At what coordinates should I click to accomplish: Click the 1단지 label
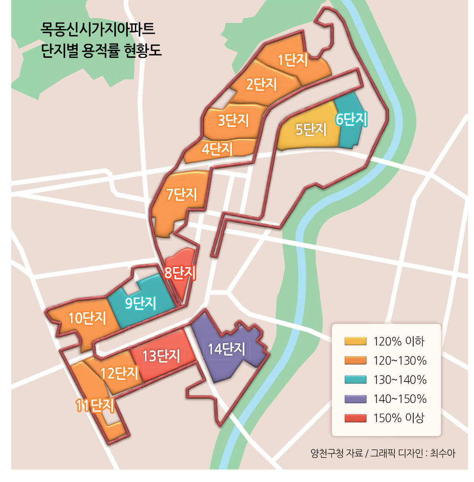pyautogui.click(x=293, y=60)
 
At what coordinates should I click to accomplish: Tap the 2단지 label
pyautogui.click(x=261, y=84)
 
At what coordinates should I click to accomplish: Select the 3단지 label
pyautogui.click(x=233, y=120)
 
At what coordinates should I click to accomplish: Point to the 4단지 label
pyautogui.click(x=217, y=149)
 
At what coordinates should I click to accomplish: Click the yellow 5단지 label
pyautogui.click(x=311, y=130)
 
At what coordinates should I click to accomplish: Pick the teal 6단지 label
pyautogui.click(x=351, y=119)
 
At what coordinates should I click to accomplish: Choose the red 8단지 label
pyautogui.click(x=180, y=273)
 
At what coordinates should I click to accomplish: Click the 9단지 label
pyautogui.click(x=141, y=303)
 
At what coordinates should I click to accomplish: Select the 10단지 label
pyautogui.click(x=87, y=318)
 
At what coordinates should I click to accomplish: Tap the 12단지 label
pyautogui.click(x=119, y=373)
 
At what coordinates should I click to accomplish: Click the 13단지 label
pyautogui.click(x=161, y=356)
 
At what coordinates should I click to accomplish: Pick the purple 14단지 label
pyautogui.click(x=226, y=349)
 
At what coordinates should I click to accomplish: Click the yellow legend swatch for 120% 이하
pyautogui.click(x=355, y=341)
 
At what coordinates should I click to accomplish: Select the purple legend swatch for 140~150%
pyautogui.click(x=355, y=399)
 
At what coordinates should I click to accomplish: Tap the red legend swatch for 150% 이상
pyautogui.click(x=355, y=418)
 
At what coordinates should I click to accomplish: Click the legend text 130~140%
pyautogui.click(x=400, y=380)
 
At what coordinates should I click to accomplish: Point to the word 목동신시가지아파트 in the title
pyautogui.click(x=98, y=29)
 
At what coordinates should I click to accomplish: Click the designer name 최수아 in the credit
pyautogui.click(x=443, y=453)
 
